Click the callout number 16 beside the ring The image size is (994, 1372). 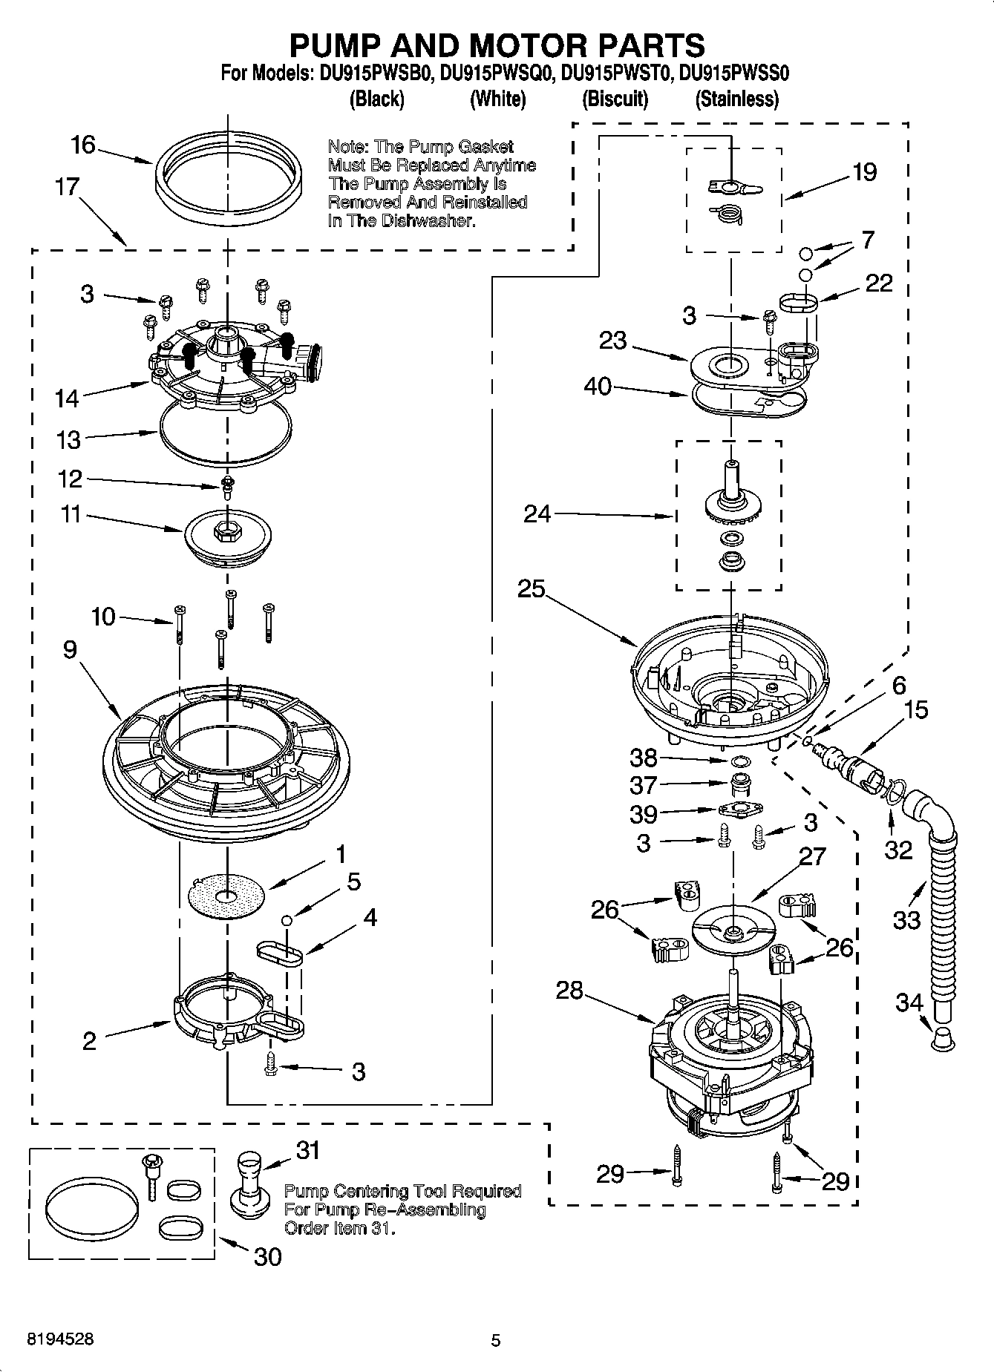[83, 144]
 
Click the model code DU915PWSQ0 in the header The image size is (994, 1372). [497, 73]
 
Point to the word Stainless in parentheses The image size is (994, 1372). [736, 99]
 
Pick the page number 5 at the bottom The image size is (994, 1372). [496, 1341]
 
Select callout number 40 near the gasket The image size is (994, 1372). [598, 386]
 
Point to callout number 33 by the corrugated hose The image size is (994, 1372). [906, 920]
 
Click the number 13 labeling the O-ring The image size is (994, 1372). [68, 439]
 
